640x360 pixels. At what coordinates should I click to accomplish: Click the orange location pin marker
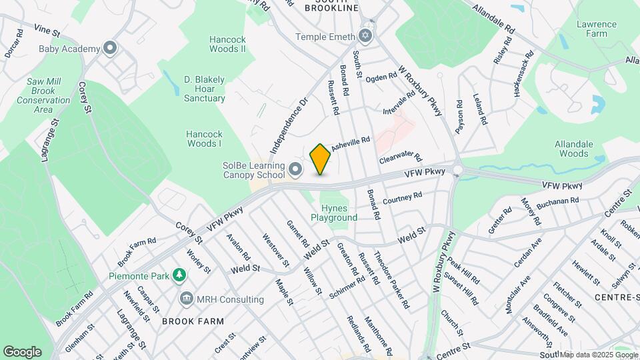[x=320, y=159]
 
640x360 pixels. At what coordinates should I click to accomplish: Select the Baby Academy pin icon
[x=111, y=48]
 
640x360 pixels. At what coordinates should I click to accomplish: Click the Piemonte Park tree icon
[x=179, y=274]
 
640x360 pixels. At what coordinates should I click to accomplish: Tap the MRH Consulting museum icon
[x=186, y=299]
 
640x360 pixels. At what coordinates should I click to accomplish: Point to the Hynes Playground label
[x=334, y=213]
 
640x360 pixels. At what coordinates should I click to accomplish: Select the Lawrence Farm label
[x=596, y=29]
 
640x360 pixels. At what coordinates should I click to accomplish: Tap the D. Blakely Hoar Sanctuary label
[x=205, y=89]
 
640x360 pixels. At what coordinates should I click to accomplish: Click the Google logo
[x=22, y=352]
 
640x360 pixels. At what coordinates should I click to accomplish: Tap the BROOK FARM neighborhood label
[x=193, y=321]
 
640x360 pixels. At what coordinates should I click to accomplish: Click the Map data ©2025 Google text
[x=598, y=354]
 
